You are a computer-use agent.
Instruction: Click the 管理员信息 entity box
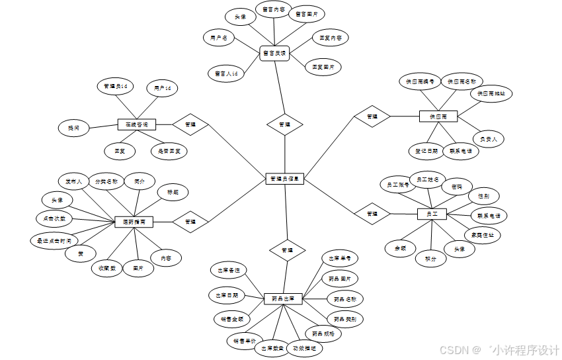[x=285, y=178]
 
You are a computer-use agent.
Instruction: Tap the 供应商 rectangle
[x=434, y=116]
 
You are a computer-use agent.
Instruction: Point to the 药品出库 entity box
[x=283, y=299]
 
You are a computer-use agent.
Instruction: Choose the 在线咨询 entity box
[x=136, y=124]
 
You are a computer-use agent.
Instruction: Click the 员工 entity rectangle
[x=432, y=214]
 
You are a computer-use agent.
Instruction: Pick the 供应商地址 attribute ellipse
[x=491, y=94]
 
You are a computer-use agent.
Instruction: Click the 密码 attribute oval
[x=457, y=187]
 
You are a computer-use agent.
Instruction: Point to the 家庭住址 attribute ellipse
[x=482, y=234]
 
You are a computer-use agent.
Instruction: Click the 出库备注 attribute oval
[x=229, y=270]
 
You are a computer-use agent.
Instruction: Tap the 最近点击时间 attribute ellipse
[x=54, y=240]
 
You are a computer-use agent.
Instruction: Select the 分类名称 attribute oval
[x=106, y=181]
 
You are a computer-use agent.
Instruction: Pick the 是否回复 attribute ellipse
[x=169, y=151]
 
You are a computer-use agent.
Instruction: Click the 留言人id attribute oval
[x=226, y=74]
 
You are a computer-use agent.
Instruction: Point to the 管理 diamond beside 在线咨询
[x=190, y=124]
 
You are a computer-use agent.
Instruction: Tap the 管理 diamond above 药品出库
[x=287, y=251]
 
